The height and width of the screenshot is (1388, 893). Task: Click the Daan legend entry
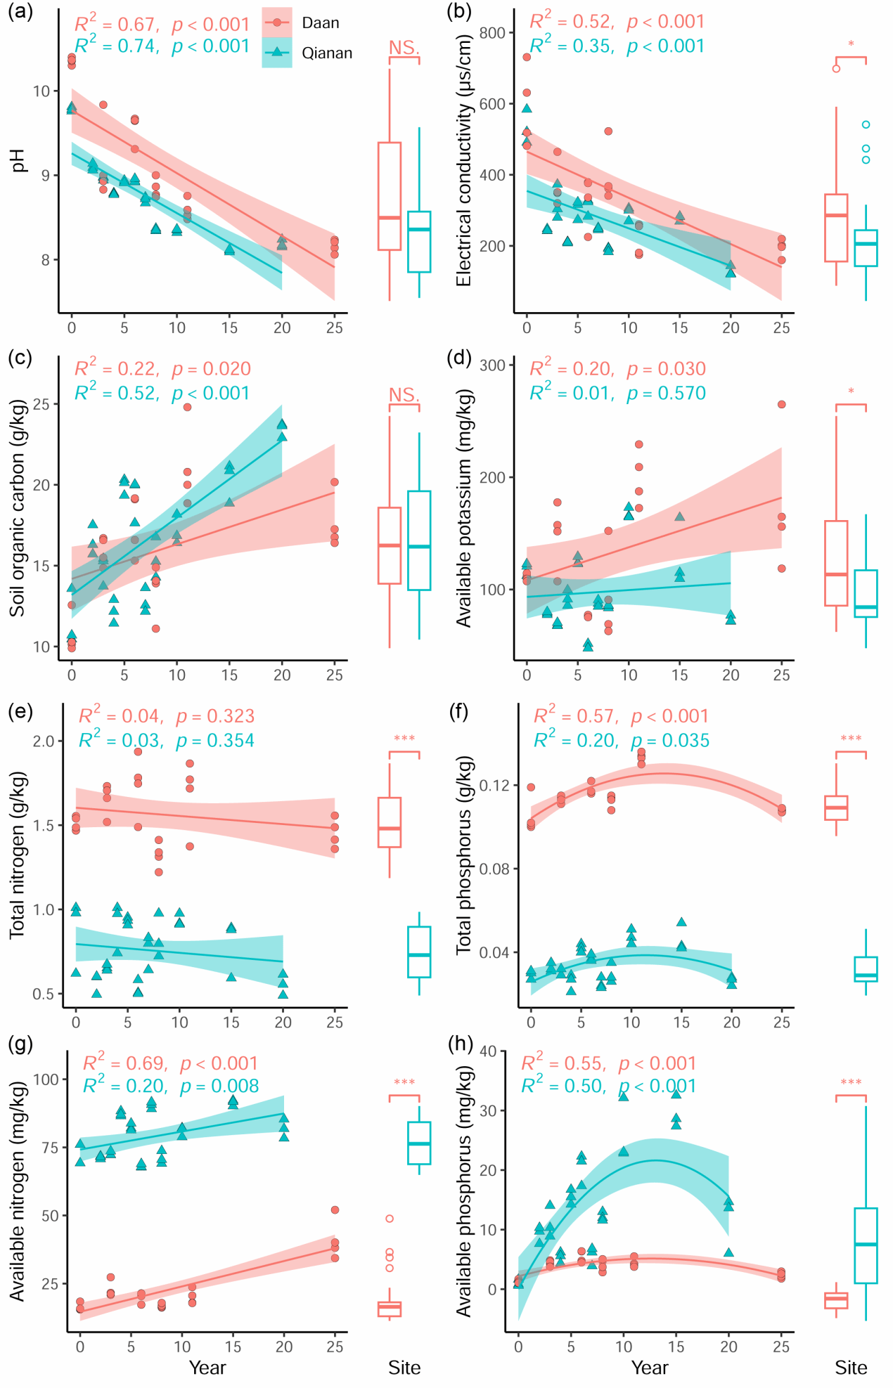tap(320, 23)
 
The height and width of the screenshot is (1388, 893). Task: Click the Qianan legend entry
tap(326, 53)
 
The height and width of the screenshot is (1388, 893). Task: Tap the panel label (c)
tap(20, 358)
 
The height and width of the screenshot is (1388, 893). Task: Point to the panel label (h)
tap(461, 1043)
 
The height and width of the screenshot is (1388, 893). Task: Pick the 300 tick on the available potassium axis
tap(492, 365)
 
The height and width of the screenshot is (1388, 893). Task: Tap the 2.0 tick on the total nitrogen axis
tap(44, 741)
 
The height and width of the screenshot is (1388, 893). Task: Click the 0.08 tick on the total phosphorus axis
tap(494, 869)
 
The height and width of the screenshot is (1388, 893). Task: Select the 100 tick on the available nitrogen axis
tap(46, 1079)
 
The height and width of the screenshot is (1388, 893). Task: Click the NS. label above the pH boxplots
tap(404, 48)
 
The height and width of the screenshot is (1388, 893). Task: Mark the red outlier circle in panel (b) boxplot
tap(836, 69)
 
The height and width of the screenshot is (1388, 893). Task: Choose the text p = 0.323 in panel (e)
tap(214, 717)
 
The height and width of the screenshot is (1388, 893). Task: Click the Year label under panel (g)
tap(207, 1368)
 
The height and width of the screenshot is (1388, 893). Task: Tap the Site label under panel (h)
tap(851, 1368)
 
